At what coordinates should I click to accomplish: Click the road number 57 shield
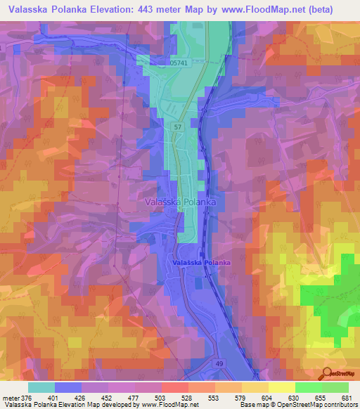[178, 127]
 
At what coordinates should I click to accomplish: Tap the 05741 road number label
[180, 63]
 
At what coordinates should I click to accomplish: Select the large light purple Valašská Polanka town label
[180, 202]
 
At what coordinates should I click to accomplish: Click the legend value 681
[345, 397]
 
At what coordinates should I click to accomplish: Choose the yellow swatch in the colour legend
[281, 387]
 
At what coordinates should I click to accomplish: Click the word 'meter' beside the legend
[10, 397]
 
